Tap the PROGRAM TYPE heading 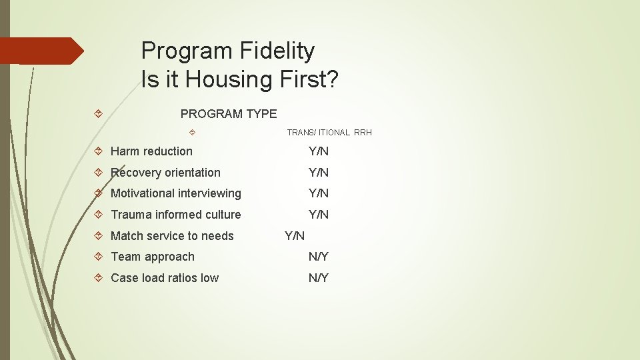tap(229, 114)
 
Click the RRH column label tap(363, 133)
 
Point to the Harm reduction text tap(151, 151)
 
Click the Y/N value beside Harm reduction tap(318, 151)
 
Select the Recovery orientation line tap(165, 173)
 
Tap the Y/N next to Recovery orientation tap(318, 173)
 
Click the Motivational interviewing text tap(175, 193)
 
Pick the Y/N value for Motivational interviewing tap(318, 193)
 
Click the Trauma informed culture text tap(175, 215)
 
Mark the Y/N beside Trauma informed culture tap(318, 215)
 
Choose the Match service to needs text tap(172, 236)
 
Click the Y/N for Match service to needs tap(295, 236)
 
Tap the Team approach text tap(153, 257)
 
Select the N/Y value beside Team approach tap(318, 257)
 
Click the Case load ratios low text tap(165, 278)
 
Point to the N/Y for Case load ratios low tap(318, 278)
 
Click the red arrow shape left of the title tap(40, 51)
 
